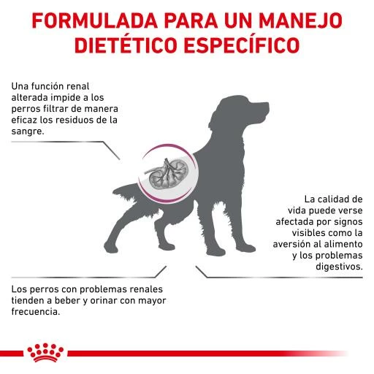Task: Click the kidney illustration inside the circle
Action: point(164,175)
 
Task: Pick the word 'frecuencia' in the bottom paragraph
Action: point(35,311)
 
